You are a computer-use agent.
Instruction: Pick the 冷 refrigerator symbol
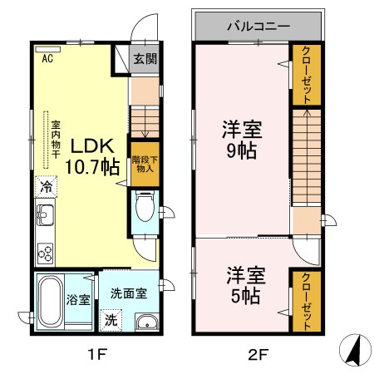(45, 187)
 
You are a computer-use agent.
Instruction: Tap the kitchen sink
(45, 219)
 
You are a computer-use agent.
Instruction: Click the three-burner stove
(45, 252)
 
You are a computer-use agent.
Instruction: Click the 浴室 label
(78, 299)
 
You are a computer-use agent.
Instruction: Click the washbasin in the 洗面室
(146, 322)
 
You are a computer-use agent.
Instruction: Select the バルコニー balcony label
(258, 26)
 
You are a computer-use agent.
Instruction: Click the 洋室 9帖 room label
(241, 140)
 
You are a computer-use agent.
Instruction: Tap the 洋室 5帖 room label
(241, 283)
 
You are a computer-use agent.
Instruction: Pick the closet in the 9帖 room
(305, 75)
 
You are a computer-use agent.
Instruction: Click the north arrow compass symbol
(352, 352)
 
